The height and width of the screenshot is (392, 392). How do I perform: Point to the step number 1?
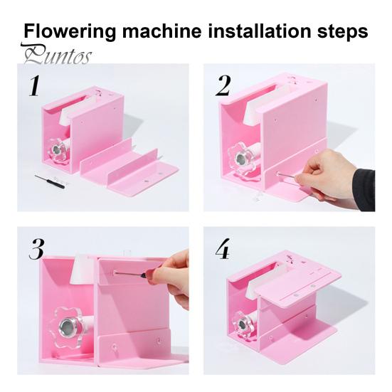[x=33, y=86]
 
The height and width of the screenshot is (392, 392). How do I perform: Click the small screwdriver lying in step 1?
[x=50, y=181]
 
